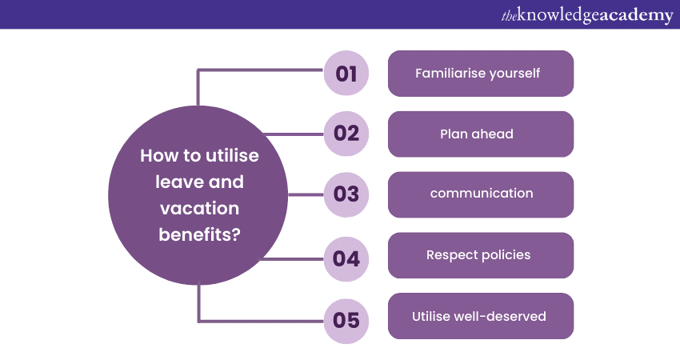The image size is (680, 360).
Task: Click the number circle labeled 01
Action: [346, 74]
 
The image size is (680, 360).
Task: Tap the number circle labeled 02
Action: [346, 134]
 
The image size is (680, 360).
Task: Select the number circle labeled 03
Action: [346, 194]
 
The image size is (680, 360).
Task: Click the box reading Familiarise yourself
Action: [481, 74]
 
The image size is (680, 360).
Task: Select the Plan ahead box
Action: [481, 134]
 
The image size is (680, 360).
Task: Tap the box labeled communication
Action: [481, 194]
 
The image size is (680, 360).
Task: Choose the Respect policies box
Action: [481, 255]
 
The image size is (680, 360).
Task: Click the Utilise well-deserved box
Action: [481, 316]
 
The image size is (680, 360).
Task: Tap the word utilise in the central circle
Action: [230, 156]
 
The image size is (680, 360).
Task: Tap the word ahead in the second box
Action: [494, 134]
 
